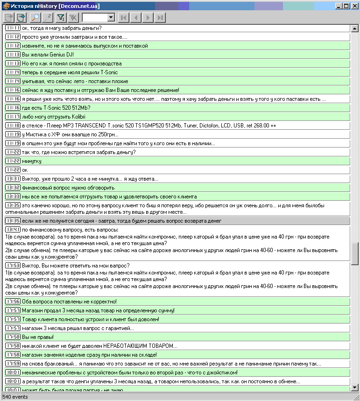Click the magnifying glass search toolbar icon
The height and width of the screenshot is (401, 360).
35,18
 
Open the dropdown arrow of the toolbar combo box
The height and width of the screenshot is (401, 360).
111,18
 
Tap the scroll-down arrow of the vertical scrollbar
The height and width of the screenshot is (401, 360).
355,387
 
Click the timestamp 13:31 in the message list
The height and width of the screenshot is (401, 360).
13,179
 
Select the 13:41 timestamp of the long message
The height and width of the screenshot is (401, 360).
13,230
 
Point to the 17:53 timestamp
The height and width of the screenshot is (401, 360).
13,265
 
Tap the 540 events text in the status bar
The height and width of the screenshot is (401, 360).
15,397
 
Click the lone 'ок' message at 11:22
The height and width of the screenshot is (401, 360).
25,170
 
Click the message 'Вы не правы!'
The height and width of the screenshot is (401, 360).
38,337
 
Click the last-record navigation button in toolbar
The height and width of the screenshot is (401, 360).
160,18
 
